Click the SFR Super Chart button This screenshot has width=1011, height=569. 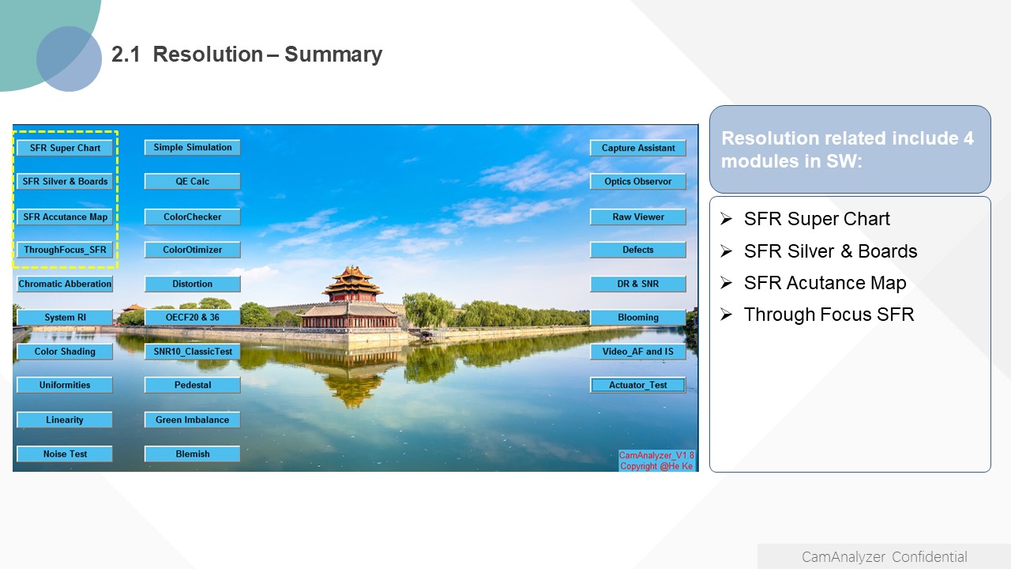65,148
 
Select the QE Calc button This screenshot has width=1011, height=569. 192,181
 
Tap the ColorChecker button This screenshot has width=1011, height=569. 192,217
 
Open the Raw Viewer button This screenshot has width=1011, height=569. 637,217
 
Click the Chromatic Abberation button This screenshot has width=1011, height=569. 65,284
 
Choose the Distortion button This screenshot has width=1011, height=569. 192,284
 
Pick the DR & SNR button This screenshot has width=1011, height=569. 637,284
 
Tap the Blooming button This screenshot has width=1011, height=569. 637,317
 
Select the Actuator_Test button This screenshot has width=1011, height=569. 637,385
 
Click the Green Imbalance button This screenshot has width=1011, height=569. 192,420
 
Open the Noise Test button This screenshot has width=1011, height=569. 65,454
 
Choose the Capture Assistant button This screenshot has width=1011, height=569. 637,148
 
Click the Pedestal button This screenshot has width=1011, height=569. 192,385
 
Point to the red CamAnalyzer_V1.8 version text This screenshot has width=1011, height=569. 656,455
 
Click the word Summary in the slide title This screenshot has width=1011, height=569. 333,55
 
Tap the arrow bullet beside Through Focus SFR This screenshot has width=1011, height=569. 726,314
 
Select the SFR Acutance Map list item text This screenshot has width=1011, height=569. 825,283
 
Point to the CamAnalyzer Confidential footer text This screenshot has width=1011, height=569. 884,557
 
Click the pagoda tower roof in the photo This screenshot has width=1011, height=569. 352,280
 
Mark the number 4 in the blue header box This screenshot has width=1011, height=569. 968,138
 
